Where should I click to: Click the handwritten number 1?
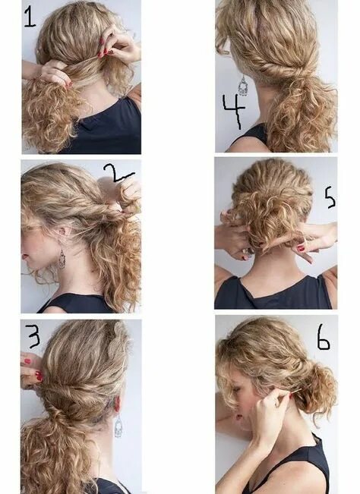(x=30, y=16)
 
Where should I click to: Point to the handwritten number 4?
(x=233, y=111)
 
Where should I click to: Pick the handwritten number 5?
(x=329, y=197)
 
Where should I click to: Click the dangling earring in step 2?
(x=62, y=260)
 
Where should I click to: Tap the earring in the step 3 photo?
(x=118, y=426)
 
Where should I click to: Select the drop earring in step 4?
(x=242, y=85)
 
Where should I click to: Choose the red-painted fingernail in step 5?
(x=301, y=248)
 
